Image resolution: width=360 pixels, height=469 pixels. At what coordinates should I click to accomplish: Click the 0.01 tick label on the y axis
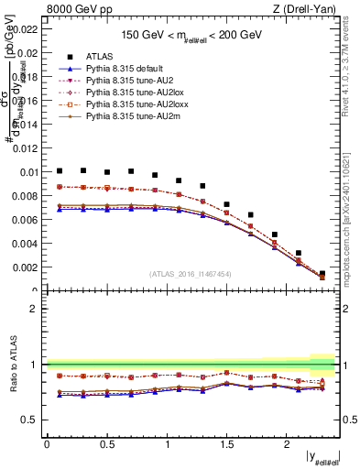[27, 171]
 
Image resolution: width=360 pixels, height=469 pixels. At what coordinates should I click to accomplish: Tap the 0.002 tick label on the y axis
[25, 267]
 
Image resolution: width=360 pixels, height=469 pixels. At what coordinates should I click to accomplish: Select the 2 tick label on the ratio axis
[34, 309]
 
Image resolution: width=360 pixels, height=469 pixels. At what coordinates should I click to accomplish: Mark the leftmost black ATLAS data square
[60, 170]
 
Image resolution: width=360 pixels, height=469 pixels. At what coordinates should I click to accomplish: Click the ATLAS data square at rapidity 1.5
[227, 204]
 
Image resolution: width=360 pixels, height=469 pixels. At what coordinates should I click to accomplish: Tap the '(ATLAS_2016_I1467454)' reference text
[190, 274]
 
